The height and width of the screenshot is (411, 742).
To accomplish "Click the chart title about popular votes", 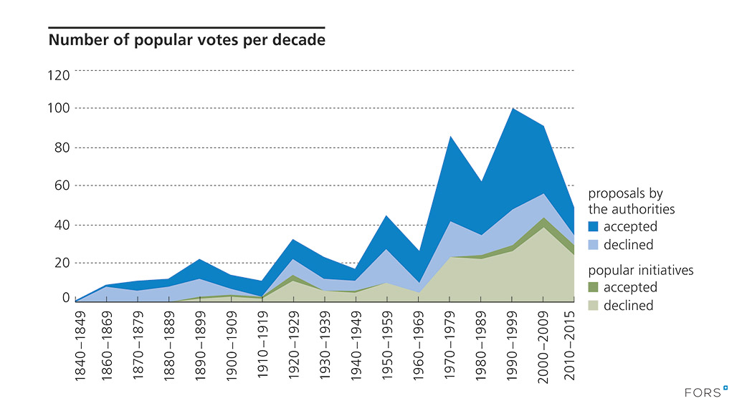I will pos(186,40).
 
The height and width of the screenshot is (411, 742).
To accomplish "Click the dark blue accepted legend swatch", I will pos(593,227).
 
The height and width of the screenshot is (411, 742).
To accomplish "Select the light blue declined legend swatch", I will pos(593,245).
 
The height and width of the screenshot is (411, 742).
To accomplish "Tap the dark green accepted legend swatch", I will pos(593,288).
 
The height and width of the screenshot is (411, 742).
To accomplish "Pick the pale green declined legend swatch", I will pos(593,306).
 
